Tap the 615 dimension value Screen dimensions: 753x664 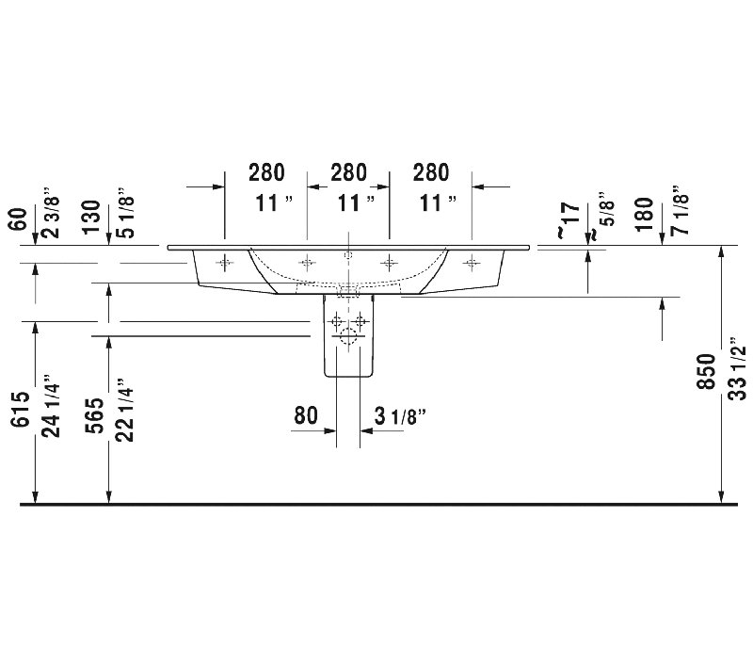(20, 409)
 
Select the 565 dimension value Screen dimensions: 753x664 (95, 415)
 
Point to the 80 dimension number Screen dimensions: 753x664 (306, 415)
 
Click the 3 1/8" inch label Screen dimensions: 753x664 (400, 416)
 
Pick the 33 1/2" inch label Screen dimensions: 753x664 (738, 368)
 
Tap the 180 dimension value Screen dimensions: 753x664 (644, 215)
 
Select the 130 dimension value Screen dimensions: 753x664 (91, 218)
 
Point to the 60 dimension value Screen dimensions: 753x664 (18, 219)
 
